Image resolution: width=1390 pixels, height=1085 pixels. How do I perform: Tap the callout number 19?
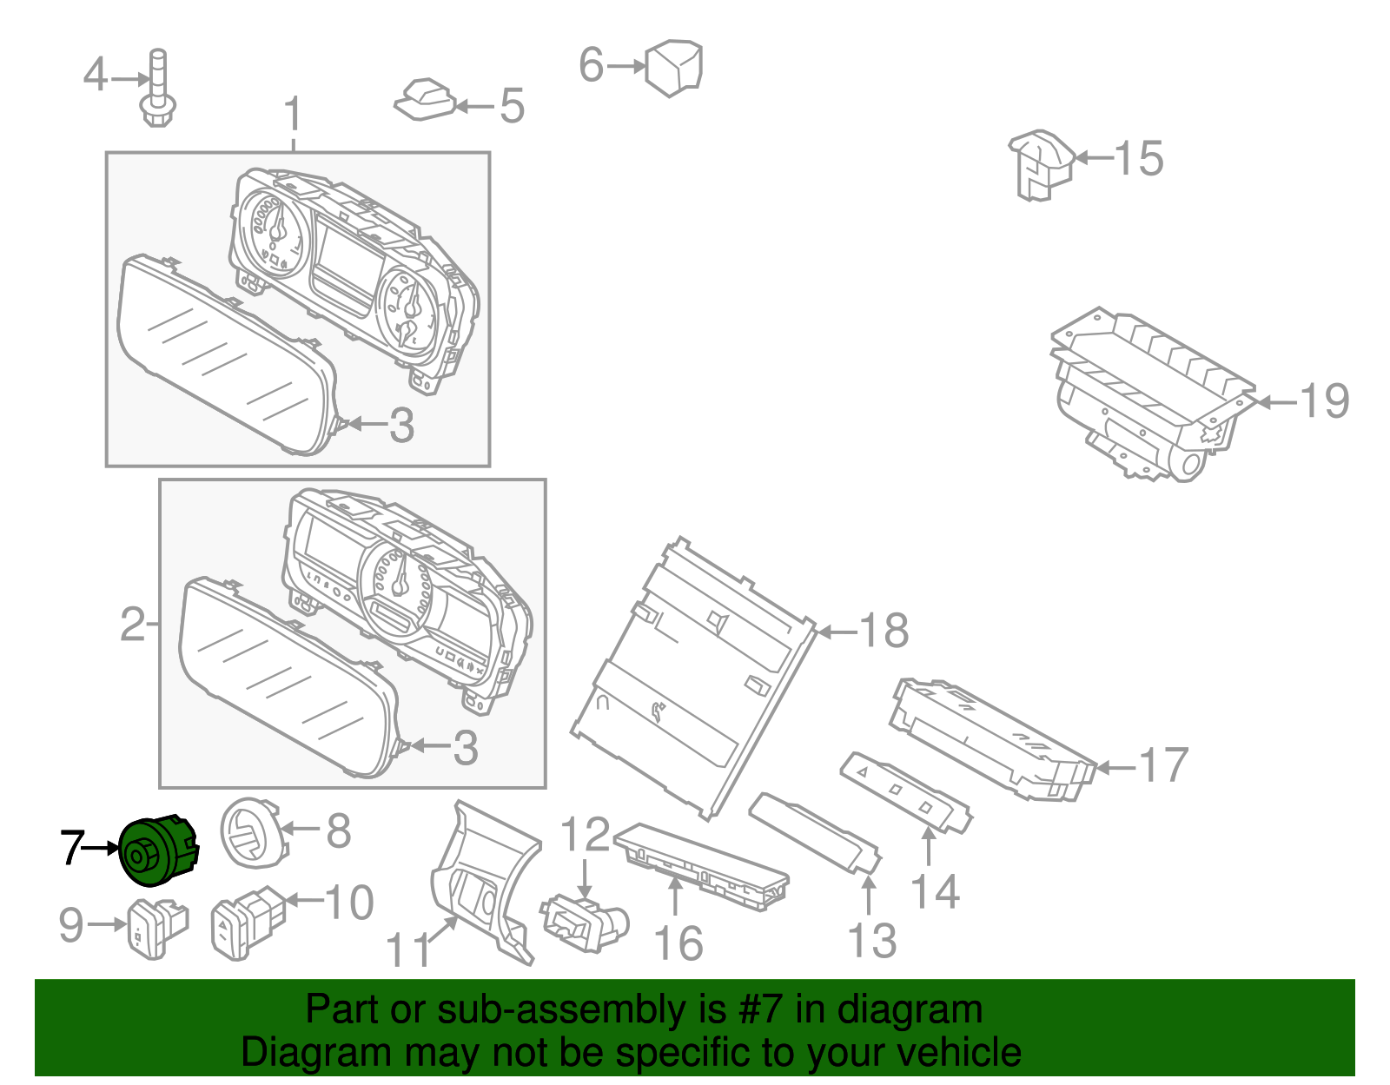click(1324, 401)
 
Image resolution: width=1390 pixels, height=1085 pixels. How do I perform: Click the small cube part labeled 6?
click(674, 67)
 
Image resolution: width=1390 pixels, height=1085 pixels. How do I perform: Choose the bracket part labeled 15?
click(1041, 165)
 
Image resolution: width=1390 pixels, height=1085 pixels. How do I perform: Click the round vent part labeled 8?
click(252, 833)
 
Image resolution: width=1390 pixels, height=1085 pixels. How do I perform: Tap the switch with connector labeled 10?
click(248, 923)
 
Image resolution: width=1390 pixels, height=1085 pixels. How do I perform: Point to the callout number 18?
click(884, 631)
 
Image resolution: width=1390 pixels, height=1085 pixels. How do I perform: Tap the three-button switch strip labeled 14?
click(905, 791)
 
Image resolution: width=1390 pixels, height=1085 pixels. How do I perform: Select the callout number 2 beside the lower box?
click(132, 625)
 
